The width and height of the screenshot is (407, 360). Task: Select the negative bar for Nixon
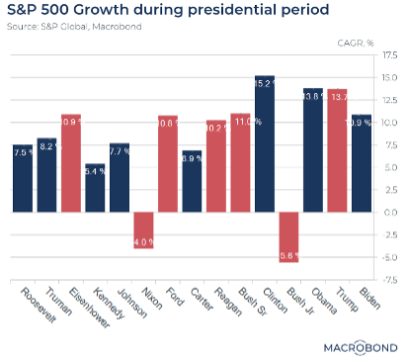click(x=143, y=230)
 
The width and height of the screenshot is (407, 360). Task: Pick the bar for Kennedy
click(x=95, y=188)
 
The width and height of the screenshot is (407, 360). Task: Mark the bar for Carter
click(x=192, y=181)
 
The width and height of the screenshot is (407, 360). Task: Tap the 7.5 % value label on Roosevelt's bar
click(x=23, y=152)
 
